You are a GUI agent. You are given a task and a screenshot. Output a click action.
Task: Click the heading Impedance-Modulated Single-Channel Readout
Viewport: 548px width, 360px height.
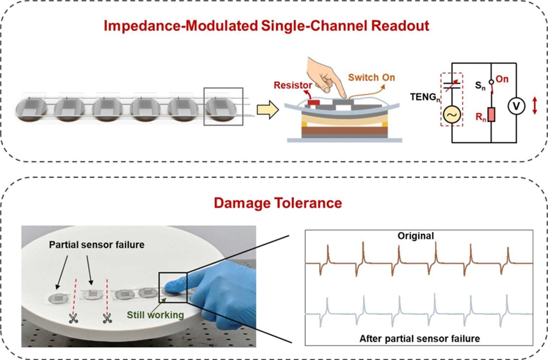pos(274,26)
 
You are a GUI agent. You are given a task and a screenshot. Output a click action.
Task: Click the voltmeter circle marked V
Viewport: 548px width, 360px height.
pos(516,106)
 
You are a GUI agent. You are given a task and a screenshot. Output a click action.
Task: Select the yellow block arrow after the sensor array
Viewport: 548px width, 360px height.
pos(267,110)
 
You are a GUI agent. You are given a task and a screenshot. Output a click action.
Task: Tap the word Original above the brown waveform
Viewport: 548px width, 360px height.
pos(416,236)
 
